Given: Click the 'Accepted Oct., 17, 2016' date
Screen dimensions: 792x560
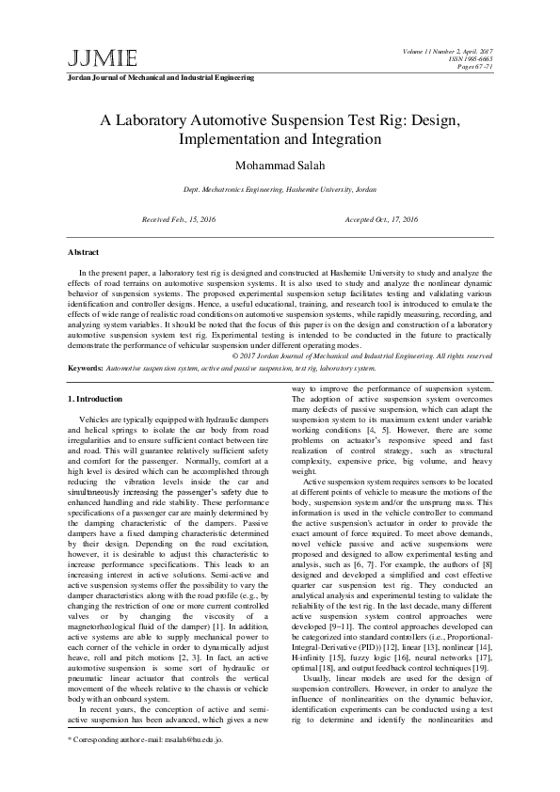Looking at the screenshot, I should (x=382, y=217).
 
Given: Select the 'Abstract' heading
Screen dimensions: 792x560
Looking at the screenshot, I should (x=85, y=252).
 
